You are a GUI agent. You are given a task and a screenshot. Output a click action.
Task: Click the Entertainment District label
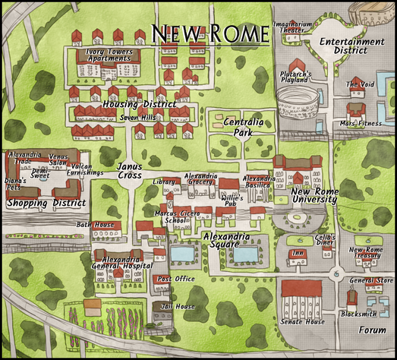[x=351, y=46]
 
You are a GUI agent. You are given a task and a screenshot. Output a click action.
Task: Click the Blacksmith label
[x=359, y=313]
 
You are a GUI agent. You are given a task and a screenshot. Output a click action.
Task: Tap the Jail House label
[x=179, y=306]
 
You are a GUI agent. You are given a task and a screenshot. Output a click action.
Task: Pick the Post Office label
[x=175, y=279]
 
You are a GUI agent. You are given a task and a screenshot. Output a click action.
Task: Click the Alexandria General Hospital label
[x=121, y=261]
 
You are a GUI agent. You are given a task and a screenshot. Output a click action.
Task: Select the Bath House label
[x=94, y=225]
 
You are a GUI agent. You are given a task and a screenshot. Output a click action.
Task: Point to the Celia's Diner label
[x=325, y=240]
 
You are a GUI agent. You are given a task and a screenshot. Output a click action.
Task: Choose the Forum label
[x=372, y=330]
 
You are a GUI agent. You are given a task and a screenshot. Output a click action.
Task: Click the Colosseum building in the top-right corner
[x=372, y=13]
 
